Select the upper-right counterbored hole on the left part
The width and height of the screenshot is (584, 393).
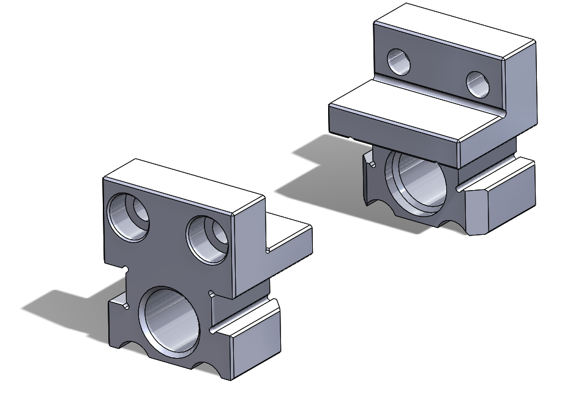[x=208, y=238]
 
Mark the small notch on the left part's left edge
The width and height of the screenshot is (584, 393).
[x=125, y=269]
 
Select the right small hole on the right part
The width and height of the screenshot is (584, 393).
[x=478, y=85]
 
